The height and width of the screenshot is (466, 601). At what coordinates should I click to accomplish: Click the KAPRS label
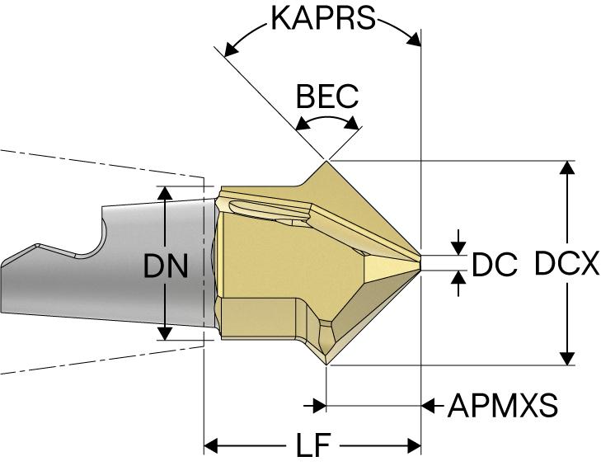click(x=322, y=18)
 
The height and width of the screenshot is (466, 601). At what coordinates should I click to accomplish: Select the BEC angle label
click(x=327, y=96)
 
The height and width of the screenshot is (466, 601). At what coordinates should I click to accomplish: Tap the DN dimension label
click(x=167, y=266)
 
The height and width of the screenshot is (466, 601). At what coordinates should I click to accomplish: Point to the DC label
click(x=495, y=265)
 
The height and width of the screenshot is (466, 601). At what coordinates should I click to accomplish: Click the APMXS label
click(x=502, y=406)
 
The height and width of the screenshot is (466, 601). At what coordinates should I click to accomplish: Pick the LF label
click(x=313, y=446)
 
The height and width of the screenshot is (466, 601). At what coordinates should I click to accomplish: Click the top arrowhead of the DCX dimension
click(x=566, y=167)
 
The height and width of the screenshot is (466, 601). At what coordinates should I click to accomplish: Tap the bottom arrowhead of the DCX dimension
click(x=566, y=357)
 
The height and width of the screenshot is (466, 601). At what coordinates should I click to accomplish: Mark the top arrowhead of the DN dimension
click(x=166, y=193)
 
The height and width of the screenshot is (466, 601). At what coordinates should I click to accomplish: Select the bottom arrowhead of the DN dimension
click(x=166, y=332)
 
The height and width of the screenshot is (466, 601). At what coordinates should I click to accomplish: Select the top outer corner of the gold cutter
click(x=327, y=161)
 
